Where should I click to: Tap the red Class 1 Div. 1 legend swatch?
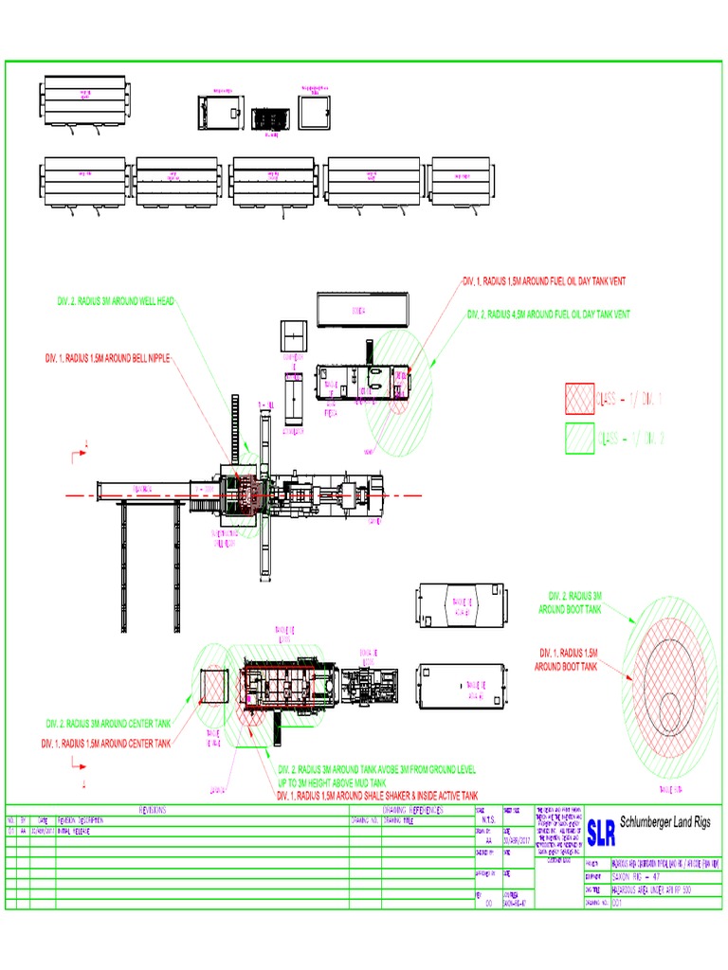click(x=581, y=399)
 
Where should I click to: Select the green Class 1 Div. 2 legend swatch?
click(x=581, y=438)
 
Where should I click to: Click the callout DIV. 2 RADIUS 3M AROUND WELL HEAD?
click(x=115, y=301)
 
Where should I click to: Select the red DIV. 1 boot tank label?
click(x=569, y=660)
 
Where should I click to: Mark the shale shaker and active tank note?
click(x=377, y=796)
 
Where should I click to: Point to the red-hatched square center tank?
click(x=213, y=686)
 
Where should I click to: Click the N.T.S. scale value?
click(x=488, y=820)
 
